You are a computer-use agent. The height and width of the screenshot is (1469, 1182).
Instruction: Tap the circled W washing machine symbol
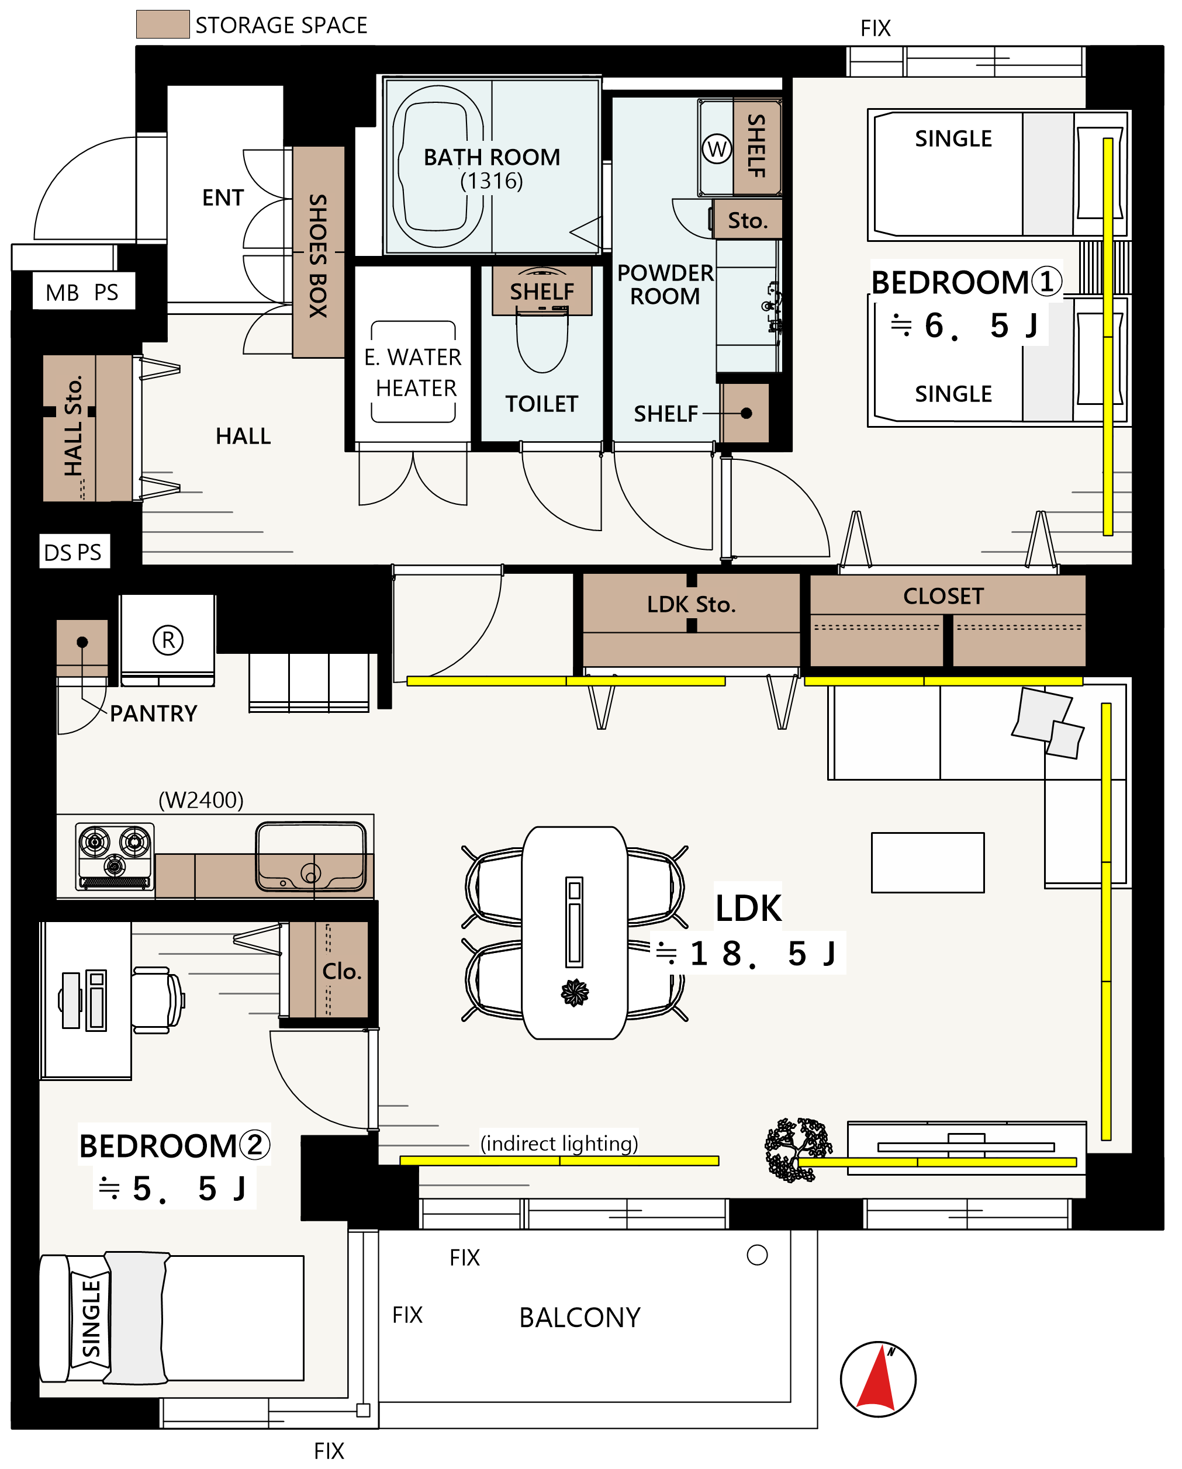pyautogui.click(x=717, y=148)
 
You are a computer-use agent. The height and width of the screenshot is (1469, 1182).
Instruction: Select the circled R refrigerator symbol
pyautogui.click(x=168, y=640)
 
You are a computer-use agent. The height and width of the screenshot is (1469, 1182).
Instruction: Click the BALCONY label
pyautogui.click(x=580, y=1318)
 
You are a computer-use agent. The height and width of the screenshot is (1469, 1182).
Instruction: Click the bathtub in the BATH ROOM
pyautogui.click(x=438, y=167)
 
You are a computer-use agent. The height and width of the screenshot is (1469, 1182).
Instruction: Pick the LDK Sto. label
pyautogui.click(x=691, y=604)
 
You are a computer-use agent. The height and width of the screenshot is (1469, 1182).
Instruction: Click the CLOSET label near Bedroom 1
pyautogui.click(x=943, y=596)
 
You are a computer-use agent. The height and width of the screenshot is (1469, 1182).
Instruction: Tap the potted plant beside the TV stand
pyautogui.click(x=798, y=1150)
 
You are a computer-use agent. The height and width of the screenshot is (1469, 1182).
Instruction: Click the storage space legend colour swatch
pyautogui.click(x=163, y=24)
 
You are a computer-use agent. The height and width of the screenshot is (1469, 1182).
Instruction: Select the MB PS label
pyautogui.click(x=82, y=292)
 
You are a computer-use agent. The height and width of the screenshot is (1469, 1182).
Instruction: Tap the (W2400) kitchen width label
pyautogui.click(x=201, y=800)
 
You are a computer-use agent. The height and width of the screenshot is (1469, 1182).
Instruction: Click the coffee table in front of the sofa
pyautogui.click(x=928, y=862)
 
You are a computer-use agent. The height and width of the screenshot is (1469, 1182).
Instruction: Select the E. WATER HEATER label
pyautogui.click(x=413, y=373)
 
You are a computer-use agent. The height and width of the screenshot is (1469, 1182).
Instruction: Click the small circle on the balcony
pyautogui.click(x=758, y=1255)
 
